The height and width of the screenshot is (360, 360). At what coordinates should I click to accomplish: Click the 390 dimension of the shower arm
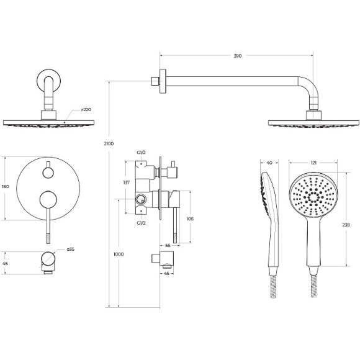coord(238,56)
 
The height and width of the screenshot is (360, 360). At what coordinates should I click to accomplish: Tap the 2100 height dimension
coord(109,144)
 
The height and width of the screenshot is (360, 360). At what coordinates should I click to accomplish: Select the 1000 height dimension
coord(119,254)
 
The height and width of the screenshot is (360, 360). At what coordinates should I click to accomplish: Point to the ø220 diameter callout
coord(86,110)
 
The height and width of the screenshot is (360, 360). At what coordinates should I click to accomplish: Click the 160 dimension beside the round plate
coord(6,187)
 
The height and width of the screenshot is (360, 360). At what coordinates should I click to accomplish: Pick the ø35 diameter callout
coord(71,249)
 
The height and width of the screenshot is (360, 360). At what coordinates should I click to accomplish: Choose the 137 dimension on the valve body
coord(127,182)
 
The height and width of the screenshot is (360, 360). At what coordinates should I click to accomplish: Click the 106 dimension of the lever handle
coord(190,219)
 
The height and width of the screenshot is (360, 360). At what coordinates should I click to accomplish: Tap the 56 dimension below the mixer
coord(168,246)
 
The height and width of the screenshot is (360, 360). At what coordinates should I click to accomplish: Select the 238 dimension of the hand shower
coord(346,225)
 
